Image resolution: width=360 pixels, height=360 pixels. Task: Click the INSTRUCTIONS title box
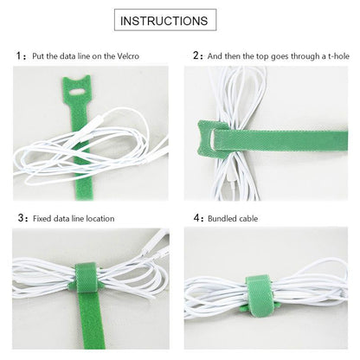click(165, 20)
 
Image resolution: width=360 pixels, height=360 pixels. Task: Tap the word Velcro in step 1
click(128, 56)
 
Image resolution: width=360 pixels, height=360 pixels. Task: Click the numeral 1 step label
click(19, 55)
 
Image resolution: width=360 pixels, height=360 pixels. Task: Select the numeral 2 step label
click(196, 55)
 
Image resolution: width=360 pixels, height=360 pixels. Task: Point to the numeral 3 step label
click(21, 218)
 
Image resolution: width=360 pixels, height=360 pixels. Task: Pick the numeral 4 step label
click(196, 218)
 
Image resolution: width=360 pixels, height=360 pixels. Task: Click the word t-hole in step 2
click(338, 56)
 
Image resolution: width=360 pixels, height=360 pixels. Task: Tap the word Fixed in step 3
click(42, 218)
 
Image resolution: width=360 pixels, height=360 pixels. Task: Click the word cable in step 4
click(248, 218)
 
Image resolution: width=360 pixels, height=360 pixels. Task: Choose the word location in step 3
click(100, 218)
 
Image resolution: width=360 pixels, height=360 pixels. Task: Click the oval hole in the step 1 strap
click(76, 93)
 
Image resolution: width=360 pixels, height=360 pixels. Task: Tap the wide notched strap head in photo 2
click(209, 137)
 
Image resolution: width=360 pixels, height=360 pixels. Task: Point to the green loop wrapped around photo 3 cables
click(86, 278)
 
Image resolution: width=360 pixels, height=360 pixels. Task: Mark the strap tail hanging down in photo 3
click(91, 321)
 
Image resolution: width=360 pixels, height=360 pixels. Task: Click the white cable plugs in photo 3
click(156, 246)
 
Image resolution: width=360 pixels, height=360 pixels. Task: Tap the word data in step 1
click(67, 56)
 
